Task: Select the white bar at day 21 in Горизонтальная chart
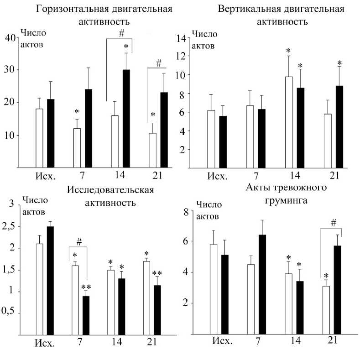[x=153, y=151]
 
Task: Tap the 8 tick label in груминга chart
[x=186, y=211]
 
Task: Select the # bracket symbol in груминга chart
[x=334, y=223]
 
